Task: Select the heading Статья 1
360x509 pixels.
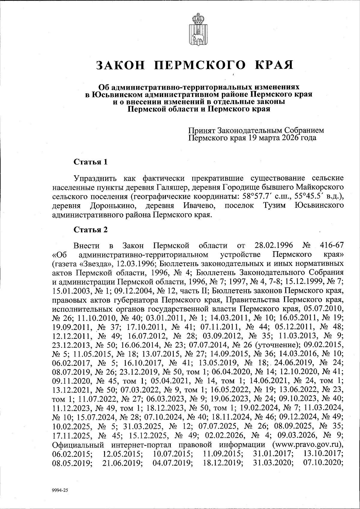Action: coord(90,162)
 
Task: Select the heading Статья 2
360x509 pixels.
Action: coord(90,230)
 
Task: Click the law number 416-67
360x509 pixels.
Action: coord(331,246)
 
